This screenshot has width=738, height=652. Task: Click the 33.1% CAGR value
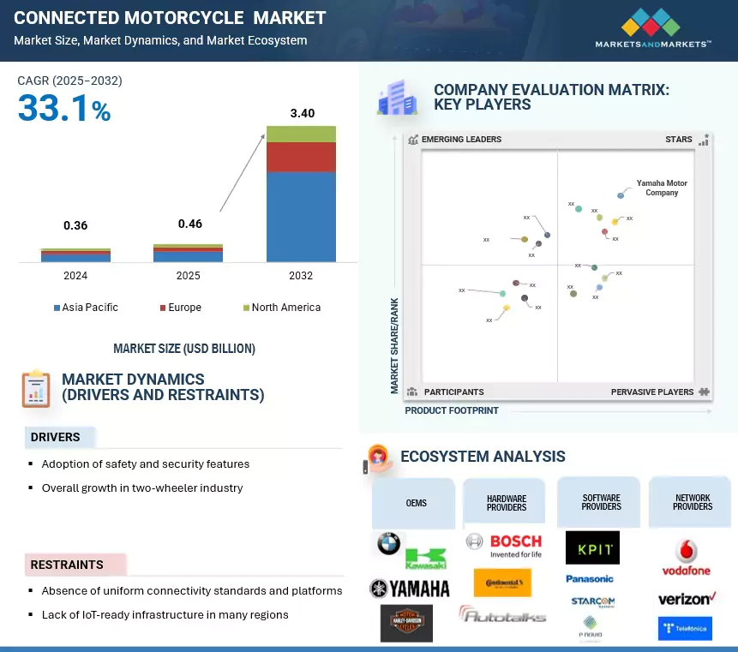coord(64,109)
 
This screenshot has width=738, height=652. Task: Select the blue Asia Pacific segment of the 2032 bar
coord(301,216)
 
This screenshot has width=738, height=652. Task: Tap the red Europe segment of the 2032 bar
coord(301,157)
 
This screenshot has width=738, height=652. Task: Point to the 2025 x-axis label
coord(188,276)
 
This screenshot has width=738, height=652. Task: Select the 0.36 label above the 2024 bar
coord(75,225)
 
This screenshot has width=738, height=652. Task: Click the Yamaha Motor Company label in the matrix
coord(662,188)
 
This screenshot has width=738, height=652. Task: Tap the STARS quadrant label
coord(679,140)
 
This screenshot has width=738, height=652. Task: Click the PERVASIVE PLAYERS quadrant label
coord(652,392)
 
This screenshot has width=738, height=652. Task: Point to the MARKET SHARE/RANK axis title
coord(395,346)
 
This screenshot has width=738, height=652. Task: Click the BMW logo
coord(388,543)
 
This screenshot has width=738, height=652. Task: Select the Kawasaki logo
coord(425,559)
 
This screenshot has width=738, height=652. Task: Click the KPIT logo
coord(592,547)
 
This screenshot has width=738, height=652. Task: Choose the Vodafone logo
coord(687,558)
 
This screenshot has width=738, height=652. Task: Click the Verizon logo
coord(687,599)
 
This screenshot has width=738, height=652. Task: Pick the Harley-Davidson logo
coord(406,623)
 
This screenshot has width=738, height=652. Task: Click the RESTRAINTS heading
coord(67,565)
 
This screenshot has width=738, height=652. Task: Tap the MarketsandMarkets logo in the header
coord(654,27)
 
